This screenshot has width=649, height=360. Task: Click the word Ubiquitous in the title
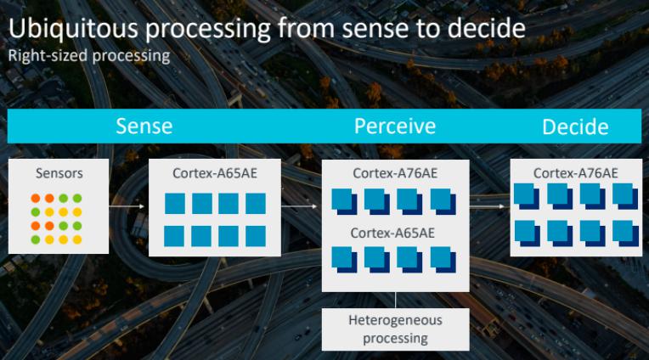pos(73,29)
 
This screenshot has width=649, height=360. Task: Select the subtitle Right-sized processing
pos(89,56)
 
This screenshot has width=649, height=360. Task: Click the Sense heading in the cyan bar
pos(144,127)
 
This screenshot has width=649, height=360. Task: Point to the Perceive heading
pos(395,127)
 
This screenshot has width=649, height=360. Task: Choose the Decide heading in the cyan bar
pos(575,127)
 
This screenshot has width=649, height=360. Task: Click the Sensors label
pos(59,173)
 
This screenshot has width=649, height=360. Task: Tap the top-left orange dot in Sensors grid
pos(36,198)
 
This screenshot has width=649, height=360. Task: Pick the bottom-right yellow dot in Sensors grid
pos(77,239)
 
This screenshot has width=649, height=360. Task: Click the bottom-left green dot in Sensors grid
pos(36,239)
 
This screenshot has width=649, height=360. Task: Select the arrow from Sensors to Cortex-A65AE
pos(127,206)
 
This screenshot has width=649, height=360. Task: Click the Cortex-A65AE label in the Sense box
pos(215,173)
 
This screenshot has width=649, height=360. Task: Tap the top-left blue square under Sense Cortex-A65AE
pos(175,204)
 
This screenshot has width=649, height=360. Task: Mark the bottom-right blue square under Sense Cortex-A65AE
pos(256,236)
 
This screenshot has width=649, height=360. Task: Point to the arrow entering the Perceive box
pos(299,206)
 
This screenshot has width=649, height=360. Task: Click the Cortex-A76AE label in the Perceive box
pos(395,173)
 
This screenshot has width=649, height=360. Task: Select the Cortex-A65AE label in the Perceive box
pos(392,233)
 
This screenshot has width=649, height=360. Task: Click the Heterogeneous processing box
pos(396,329)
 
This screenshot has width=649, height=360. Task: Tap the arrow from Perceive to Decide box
pos(487,206)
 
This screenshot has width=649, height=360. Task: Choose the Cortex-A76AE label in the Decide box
pos(575,173)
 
